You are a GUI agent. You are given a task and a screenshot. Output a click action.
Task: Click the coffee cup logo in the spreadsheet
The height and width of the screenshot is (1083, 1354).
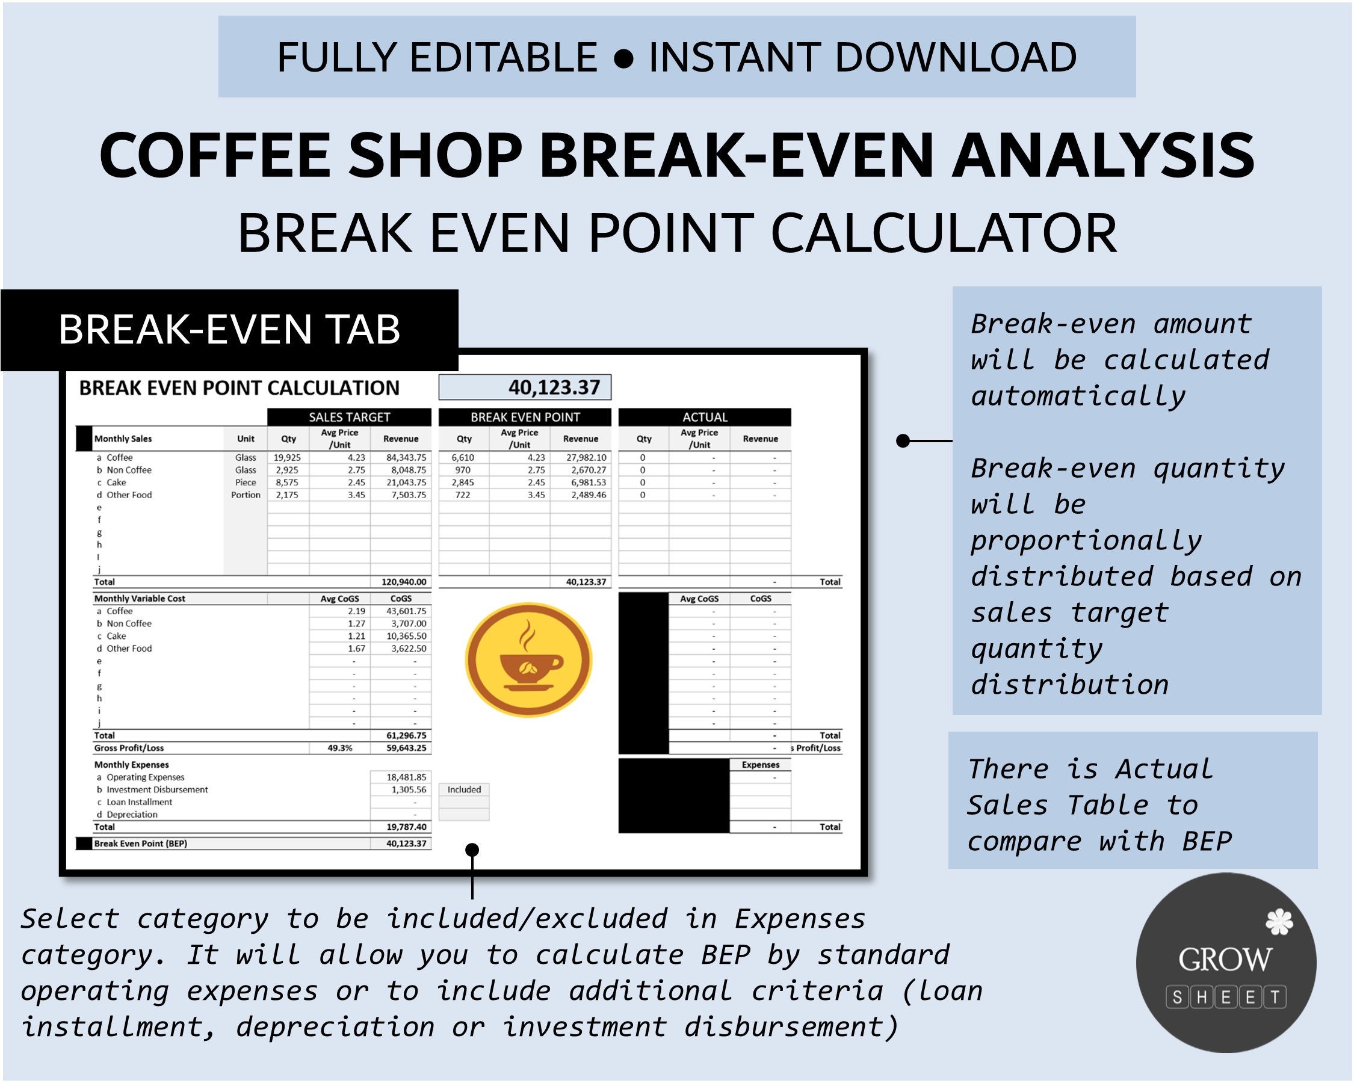click(528, 659)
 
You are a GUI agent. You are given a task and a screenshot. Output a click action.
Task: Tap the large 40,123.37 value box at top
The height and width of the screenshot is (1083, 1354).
click(524, 387)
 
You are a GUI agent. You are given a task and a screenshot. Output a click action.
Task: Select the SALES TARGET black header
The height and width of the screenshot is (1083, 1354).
click(349, 417)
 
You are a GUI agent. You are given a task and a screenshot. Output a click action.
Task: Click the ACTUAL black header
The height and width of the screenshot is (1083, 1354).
click(705, 417)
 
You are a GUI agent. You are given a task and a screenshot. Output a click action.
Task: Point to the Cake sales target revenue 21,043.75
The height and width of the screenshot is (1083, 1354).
click(406, 482)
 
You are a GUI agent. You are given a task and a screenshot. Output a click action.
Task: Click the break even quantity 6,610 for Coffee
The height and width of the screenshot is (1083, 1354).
click(462, 458)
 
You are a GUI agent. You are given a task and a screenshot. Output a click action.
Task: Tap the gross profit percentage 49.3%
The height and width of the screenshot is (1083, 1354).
click(340, 748)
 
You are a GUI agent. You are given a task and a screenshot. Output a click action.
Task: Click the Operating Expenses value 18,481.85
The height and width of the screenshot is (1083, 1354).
click(406, 777)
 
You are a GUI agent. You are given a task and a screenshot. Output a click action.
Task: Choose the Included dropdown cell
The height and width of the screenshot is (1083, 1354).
click(464, 790)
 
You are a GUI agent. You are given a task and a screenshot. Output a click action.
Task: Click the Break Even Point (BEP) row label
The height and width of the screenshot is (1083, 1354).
click(141, 843)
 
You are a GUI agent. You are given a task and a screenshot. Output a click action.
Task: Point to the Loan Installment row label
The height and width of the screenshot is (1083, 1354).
click(139, 802)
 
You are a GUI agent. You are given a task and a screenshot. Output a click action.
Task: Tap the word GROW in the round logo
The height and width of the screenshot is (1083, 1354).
click(1225, 959)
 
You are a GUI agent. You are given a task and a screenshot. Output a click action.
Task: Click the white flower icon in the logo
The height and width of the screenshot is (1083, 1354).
click(1279, 922)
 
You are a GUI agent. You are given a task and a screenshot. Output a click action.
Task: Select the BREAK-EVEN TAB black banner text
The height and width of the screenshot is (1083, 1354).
click(229, 329)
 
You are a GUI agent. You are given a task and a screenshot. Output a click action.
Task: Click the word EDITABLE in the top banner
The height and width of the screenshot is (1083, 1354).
click(503, 57)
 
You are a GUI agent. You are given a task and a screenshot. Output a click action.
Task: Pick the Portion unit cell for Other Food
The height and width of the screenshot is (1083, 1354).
click(246, 495)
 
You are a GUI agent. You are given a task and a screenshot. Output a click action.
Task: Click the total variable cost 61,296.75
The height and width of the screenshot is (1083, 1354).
click(406, 735)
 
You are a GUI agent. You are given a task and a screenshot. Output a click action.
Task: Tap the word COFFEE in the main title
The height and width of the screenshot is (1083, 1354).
click(214, 155)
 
